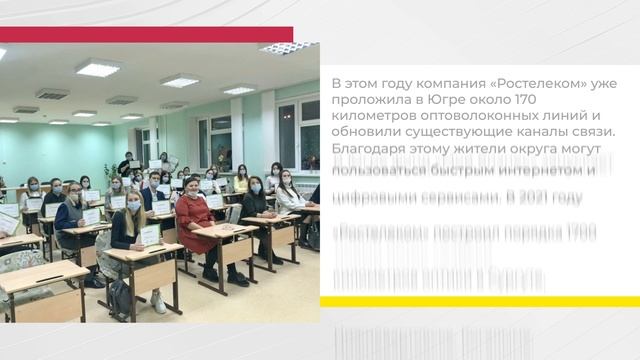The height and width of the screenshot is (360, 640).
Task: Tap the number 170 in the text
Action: [x=556, y=99]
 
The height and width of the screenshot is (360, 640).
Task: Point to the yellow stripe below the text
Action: [x=479, y=301]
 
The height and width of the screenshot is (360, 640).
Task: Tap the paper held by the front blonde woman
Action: [x=150, y=235]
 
